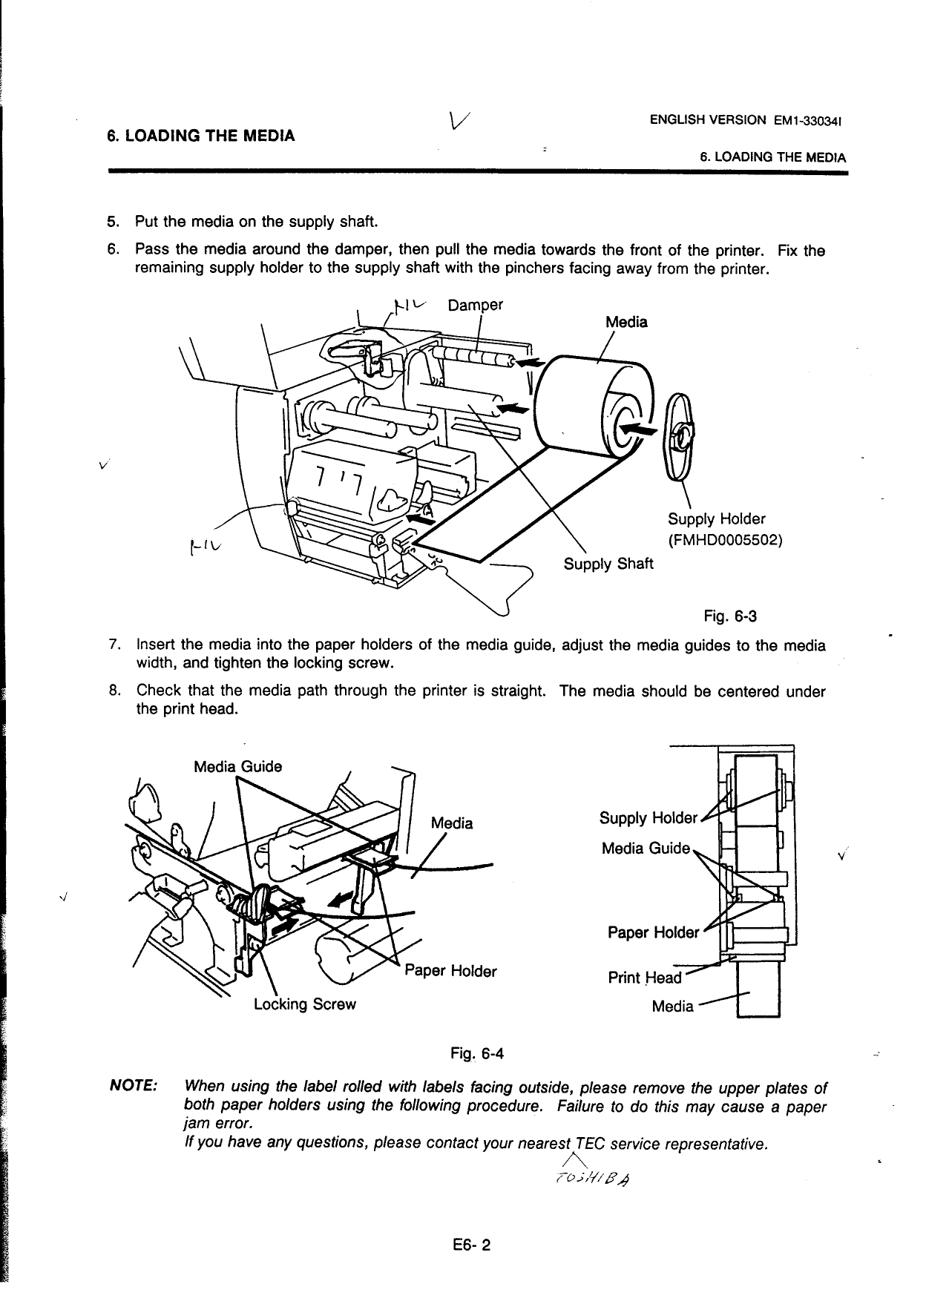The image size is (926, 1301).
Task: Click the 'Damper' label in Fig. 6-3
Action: tap(476, 306)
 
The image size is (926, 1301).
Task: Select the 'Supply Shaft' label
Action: tap(608, 564)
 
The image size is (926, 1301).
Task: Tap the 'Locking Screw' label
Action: tap(304, 1004)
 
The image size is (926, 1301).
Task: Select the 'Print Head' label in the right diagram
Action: tap(644, 978)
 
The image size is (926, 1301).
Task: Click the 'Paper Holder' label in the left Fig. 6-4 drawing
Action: tap(450, 971)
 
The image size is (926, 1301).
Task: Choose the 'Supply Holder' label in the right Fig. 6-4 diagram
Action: tap(648, 818)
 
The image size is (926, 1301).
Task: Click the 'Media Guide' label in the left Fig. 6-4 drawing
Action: tap(237, 766)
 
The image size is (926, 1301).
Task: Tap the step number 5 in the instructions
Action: tap(112, 222)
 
